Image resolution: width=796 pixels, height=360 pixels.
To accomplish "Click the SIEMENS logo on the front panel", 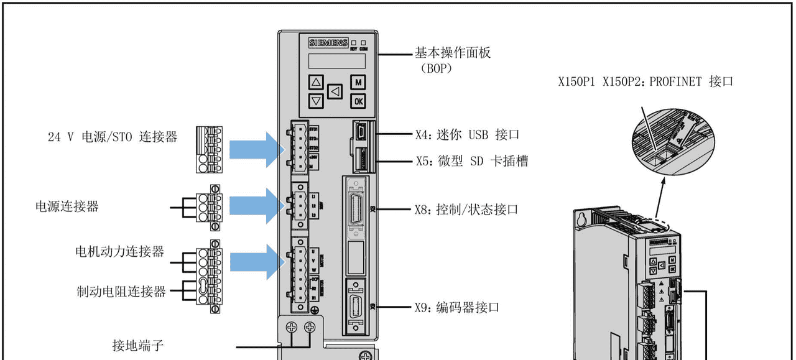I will pyautogui.click(x=328, y=43).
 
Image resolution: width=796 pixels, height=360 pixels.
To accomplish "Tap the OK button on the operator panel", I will pyautogui.click(x=358, y=101).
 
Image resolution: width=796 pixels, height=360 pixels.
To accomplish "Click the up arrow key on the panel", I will pyautogui.click(x=317, y=82).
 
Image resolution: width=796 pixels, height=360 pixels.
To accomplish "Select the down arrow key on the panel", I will pyautogui.click(x=317, y=101).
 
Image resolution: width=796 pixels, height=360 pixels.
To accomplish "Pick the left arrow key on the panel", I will pyautogui.click(x=336, y=92).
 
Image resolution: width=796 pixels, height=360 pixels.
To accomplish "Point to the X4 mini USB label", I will pyautogui.click(x=466, y=134).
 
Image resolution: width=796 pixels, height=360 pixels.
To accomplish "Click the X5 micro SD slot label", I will pyautogui.click(x=471, y=161).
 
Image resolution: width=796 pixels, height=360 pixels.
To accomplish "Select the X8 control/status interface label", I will pyautogui.click(x=466, y=210).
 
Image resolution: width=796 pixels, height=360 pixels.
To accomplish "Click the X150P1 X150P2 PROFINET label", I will pyautogui.click(x=646, y=81).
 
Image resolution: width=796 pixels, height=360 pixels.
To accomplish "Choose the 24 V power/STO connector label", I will pyautogui.click(x=113, y=137).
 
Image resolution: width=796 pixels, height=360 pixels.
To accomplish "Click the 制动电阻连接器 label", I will pyautogui.click(x=121, y=291).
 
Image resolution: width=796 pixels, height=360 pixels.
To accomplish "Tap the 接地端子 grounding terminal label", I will pyautogui.click(x=137, y=345).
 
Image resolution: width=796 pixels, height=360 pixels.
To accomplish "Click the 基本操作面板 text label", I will pyautogui.click(x=453, y=52).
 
